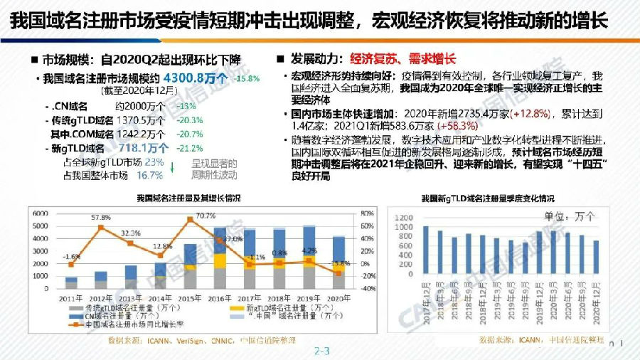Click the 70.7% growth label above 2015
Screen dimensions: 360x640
click(x=206, y=216)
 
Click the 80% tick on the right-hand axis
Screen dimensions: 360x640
click(x=368, y=213)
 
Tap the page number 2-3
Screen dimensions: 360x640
click(x=323, y=351)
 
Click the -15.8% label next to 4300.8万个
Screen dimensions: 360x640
click(x=247, y=79)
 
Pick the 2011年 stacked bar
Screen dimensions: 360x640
click(x=71, y=282)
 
